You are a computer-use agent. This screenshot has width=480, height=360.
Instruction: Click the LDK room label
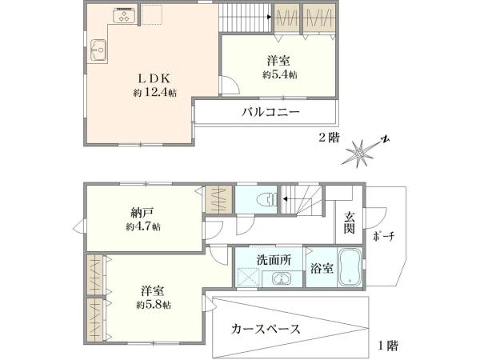click(154, 78)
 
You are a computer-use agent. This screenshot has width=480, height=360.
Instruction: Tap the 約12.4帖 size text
click(155, 92)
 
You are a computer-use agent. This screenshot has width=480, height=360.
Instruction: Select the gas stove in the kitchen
click(125, 15)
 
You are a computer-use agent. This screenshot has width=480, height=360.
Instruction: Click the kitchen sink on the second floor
click(98, 50)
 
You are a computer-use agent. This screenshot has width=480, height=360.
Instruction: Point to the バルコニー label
click(270, 112)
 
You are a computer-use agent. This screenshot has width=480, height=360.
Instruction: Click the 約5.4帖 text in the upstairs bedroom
click(280, 74)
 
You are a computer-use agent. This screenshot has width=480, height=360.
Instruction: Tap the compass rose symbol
click(363, 151)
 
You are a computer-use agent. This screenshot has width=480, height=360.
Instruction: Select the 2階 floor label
click(329, 138)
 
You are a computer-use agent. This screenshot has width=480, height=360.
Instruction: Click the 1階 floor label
click(388, 346)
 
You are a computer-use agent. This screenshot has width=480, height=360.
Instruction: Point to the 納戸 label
click(142, 213)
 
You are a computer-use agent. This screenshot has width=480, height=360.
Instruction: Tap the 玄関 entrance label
click(350, 223)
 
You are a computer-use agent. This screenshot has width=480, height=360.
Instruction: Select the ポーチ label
click(384, 236)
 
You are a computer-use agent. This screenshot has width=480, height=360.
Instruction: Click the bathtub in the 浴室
click(350, 267)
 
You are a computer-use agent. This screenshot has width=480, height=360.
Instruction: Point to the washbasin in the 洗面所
click(281, 278)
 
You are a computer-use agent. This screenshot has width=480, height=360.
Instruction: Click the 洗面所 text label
click(274, 260)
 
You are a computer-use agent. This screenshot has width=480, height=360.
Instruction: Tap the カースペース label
click(266, 329)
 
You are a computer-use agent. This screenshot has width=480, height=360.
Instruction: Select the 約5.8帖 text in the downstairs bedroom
click(154, 305)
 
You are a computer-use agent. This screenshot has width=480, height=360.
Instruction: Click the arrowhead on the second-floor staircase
click(270, 17)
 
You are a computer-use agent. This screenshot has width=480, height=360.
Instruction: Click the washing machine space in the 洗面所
click(248, 277)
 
